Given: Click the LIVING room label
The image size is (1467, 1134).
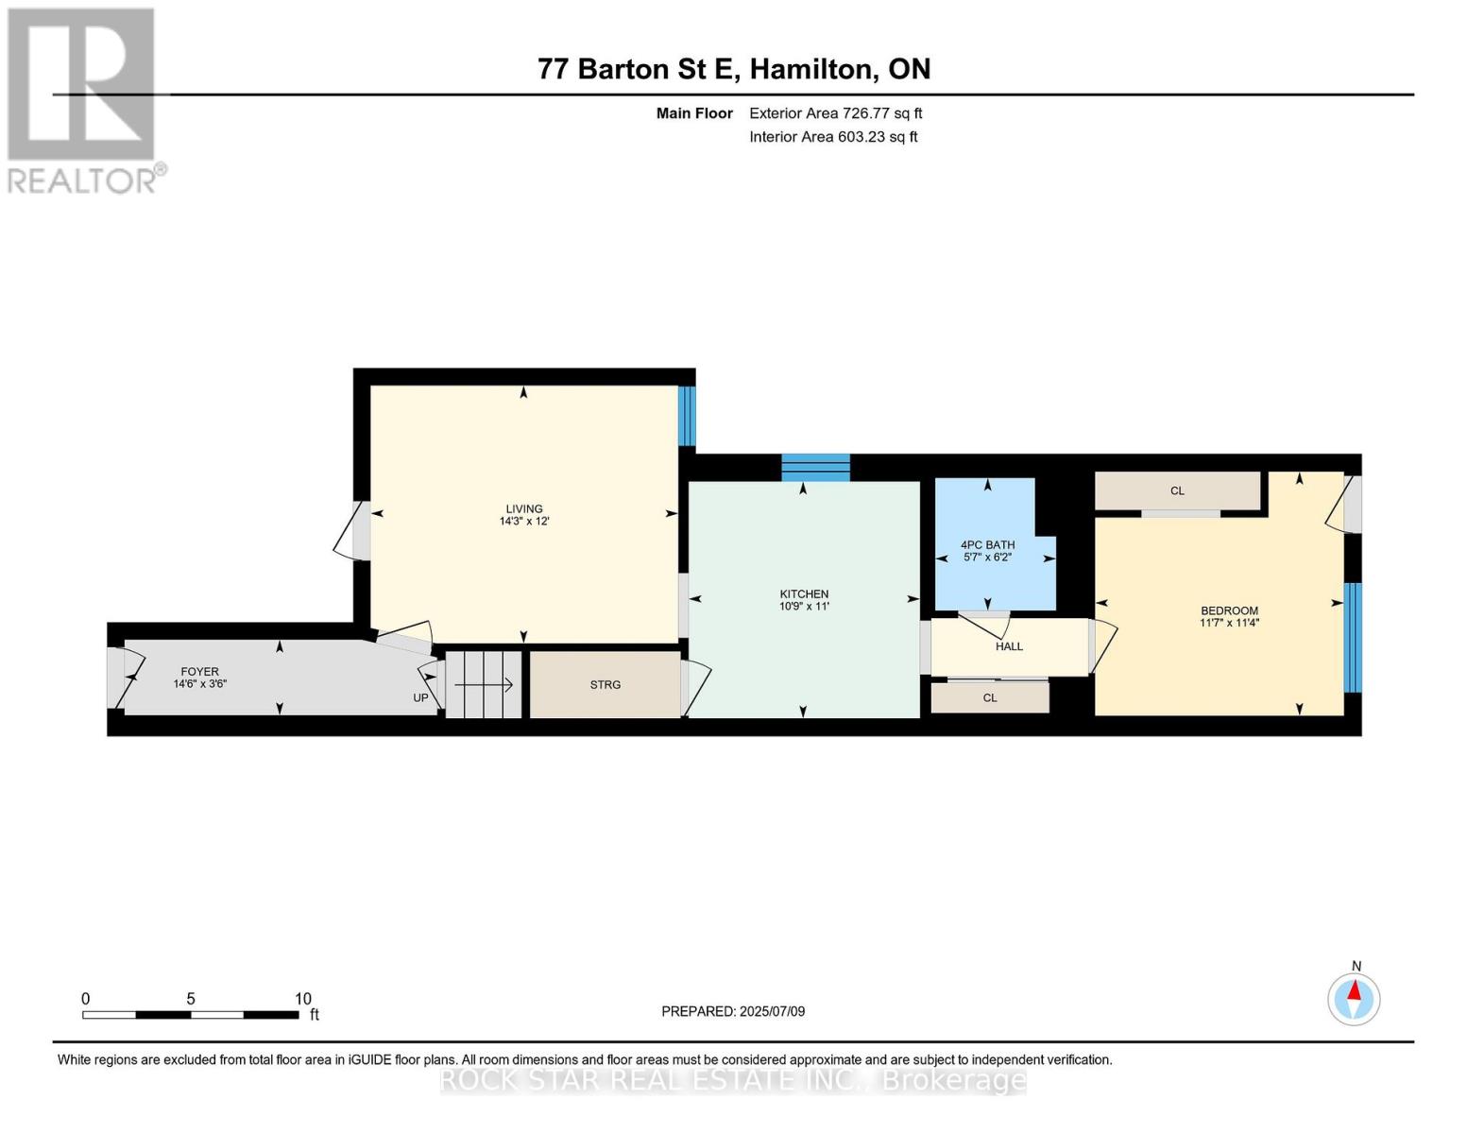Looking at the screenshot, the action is tap(524, 508).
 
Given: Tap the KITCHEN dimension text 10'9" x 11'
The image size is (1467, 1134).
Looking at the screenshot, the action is tap(803, 607).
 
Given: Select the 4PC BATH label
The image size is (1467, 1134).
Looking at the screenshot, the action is tap(987, 544).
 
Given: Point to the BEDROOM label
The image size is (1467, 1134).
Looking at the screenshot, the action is tap(1229, 610).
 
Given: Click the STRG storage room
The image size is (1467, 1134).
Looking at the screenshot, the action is tap(605, 684).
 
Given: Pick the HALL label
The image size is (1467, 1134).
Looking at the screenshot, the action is tap(1009, 646).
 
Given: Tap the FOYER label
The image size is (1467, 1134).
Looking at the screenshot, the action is tap(200, 671).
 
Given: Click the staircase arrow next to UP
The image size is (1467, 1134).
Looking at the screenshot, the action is tap(484, 685).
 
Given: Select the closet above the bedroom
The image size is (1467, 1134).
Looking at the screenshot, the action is tap(1177, 491).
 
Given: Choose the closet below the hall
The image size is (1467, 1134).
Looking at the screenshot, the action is tap(990, 697).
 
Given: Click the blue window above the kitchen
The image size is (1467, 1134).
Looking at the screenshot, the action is tap(815, 468).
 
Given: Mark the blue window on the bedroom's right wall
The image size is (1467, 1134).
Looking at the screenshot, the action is tap(1353, 638).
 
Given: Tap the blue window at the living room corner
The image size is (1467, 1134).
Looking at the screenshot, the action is tap(687, 416).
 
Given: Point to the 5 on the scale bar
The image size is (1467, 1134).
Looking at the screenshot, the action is tap(191, 999).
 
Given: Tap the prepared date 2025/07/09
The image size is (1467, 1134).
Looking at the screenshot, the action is tap(772, 1011).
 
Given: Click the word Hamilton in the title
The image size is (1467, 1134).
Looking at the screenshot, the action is tap(813, 69).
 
